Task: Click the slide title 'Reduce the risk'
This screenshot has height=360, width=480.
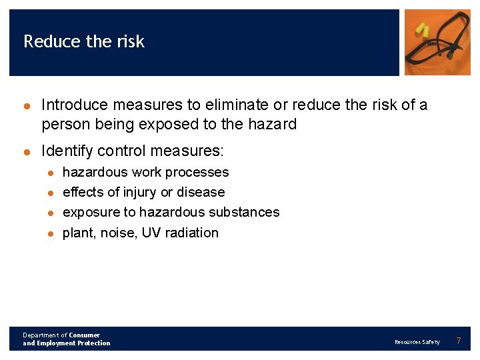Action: click(x=84, y=41)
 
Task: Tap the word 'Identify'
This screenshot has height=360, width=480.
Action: click(x=65, y=151)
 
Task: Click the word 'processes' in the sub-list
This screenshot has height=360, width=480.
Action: click(x=197, y=172)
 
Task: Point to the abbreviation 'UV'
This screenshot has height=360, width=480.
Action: click(x=151, y=233)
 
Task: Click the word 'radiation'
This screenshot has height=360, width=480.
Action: click(x=191, y=233)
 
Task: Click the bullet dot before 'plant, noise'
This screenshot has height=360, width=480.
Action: click(x=49, y=233)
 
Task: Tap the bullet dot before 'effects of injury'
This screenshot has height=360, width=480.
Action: click(x=49, y=193)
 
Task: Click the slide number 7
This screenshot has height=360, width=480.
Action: click(x=458, y=341)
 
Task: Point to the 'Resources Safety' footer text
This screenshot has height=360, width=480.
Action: click(x=417, y=342)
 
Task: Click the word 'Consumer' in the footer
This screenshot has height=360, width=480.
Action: click(x=85, y=335)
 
